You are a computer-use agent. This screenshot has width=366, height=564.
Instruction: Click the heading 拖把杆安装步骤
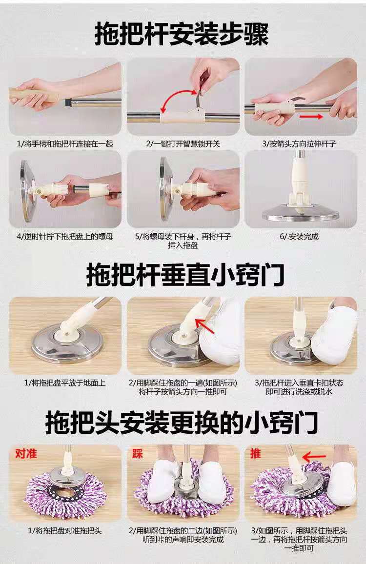(182, 35)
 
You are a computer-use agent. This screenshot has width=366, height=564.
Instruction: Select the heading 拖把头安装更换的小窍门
(182, 423)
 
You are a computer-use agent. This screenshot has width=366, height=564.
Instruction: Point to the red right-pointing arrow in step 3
(311, 117)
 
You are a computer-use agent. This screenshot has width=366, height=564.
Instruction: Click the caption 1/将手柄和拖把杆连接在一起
(65, 144)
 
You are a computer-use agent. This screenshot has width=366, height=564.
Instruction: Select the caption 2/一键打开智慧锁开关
(183, 144)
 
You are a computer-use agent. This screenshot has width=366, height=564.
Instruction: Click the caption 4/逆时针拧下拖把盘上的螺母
(65, 237)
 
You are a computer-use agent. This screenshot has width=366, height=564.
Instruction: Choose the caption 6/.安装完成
(301, 237)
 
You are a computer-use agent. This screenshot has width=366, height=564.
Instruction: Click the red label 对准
(26, 454)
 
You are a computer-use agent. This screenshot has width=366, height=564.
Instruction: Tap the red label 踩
(137, 454)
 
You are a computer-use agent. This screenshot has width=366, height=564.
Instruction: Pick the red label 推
(255, 454)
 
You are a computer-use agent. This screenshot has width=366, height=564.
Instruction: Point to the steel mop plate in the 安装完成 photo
(301, 215)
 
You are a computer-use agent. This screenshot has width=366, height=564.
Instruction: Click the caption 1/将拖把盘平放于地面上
(65, 383)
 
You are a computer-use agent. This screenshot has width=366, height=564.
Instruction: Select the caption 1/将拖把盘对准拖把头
(65, 530)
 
